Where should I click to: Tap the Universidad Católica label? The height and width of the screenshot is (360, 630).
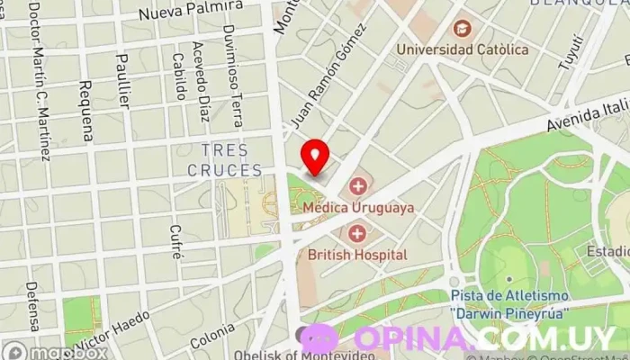(463, 49)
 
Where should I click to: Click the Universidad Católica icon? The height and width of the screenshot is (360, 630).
(462, 29)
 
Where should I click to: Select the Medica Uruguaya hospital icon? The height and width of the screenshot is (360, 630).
(358, 187)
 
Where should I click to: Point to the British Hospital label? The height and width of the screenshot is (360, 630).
(357, 255)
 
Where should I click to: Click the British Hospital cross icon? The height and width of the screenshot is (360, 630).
(357, 234)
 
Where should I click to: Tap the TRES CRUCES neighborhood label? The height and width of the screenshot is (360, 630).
(225, 159)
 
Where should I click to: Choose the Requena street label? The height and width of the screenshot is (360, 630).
(85, 110)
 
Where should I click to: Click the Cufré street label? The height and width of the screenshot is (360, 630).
(176, 241)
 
